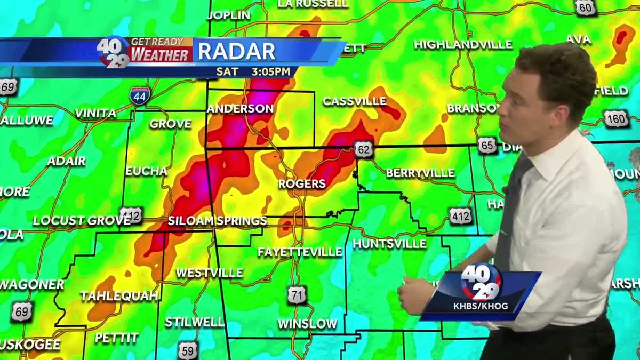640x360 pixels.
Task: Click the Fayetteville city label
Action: tap(300, 252)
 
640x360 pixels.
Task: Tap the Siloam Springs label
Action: tap(217, 221)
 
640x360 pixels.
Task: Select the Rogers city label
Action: tap(302, 184)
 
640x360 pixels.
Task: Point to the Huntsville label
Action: tap(389, 244)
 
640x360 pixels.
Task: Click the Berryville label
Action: tap(420, 173)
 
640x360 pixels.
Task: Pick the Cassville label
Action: tap(355, 101)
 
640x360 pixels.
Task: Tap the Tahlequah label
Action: tap(119, 296)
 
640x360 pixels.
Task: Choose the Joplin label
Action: tap(228, 15)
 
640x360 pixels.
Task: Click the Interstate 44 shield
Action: tap(139, 96)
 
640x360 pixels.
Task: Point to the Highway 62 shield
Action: tap(363, 150)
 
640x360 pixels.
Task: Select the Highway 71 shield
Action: tap(297, 295)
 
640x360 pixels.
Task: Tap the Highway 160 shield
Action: tap(616, 118)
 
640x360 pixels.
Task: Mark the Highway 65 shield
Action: tap(487, 146)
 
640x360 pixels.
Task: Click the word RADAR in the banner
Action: tap(237, 51)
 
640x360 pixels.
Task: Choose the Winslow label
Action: tap(308, 324)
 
